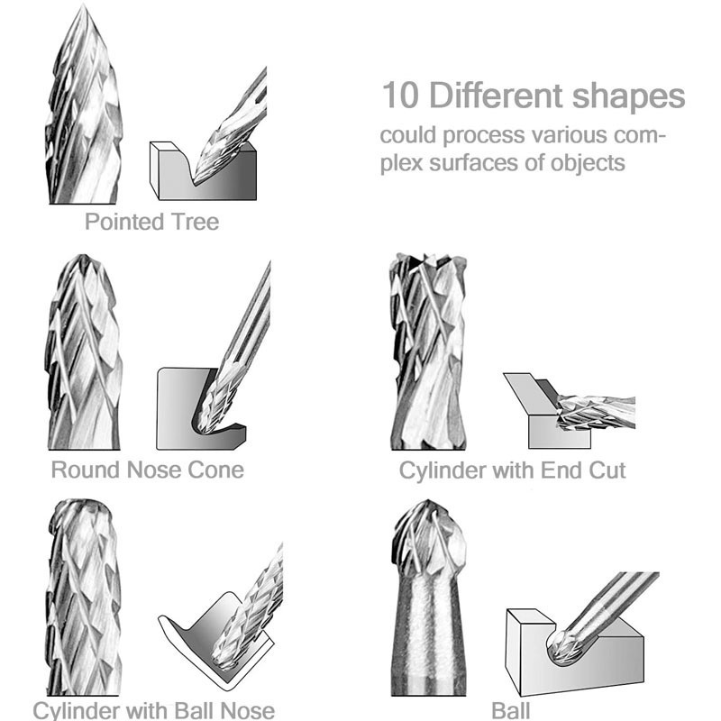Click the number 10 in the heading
[x=400, y=96]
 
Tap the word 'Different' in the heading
[x=496, y=96]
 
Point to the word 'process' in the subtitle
[x=483, y=137]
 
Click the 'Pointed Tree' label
[x=151, y=222]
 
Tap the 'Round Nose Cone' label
[x=148, y=470]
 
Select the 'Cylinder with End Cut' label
[x=512, y=470]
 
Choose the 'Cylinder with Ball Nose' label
[x=153, y=710]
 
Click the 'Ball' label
[x=510, y=710]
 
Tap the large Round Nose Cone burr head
[x=83, y=351]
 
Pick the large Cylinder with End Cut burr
[x=428, y=351]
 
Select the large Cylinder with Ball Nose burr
[x=83, y=597]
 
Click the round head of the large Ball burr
[x=428, y=539]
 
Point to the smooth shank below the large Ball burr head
[x=428, y=637]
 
